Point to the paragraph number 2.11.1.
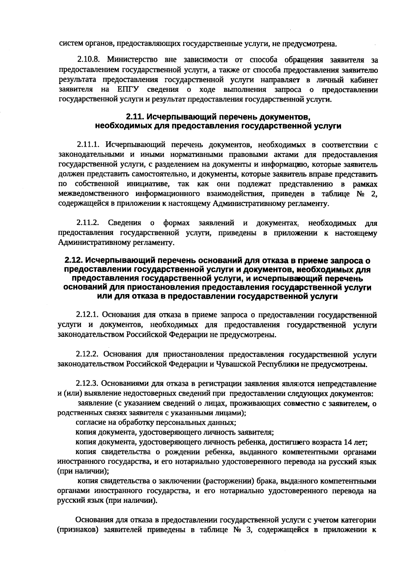88,145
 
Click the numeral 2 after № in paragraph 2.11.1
374,194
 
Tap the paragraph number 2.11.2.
88,223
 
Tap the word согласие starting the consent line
89,423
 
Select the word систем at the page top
68,44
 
